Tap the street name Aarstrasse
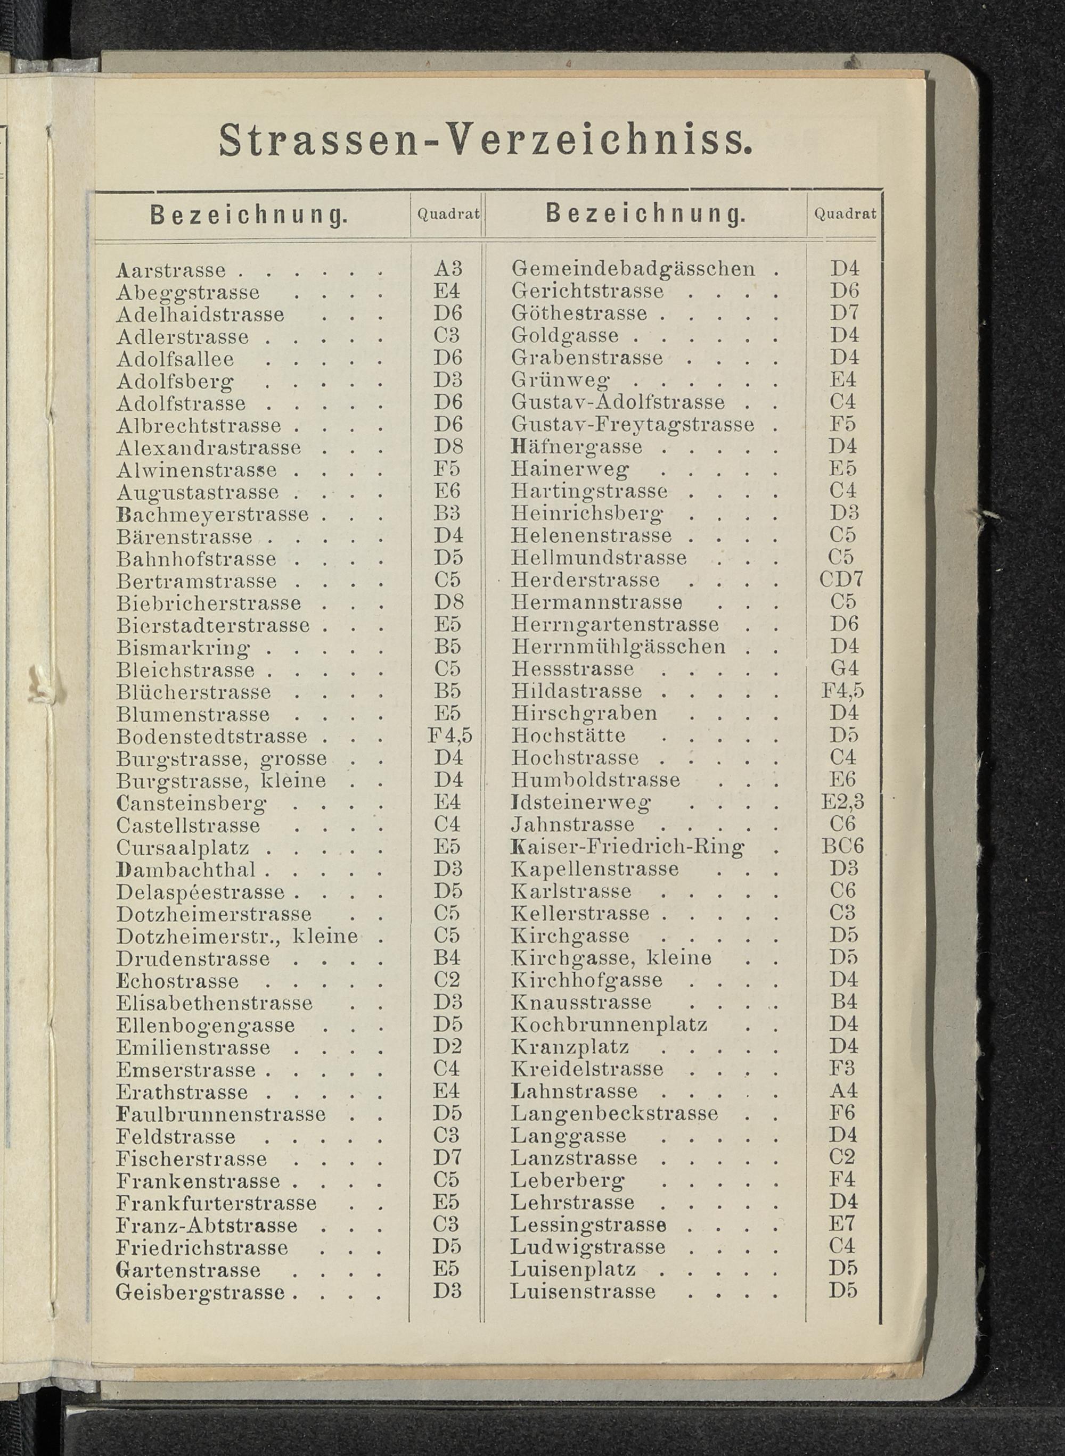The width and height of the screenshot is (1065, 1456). pyautogui.click(x=171, y=270)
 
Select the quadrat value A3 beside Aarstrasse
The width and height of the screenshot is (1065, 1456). pyautogui.click(x=448, y=269)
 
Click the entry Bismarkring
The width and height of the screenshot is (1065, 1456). pyautogui.click(x=183, y=648)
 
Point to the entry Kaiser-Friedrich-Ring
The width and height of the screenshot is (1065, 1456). pyautogui.click(x=627, y=847)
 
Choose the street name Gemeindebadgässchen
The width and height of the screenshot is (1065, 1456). pyautogui.click(x=633, y=269)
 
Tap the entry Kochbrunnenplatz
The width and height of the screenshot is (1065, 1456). pyautogui.click(x=609, y=1024)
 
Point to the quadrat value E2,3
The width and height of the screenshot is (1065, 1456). pyautogui.click(x=842, y=801)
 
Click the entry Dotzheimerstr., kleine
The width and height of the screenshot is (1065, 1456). pyautogui.click(x=236, y=936)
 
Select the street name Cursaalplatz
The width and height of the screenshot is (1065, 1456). pyautogui.click(x=183, y=847)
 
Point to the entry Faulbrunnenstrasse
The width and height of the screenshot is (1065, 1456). pyautogui.click(x=220, y=1114)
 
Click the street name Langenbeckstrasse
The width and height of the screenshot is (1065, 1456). pyautogui.click(x=614, y=1113)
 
